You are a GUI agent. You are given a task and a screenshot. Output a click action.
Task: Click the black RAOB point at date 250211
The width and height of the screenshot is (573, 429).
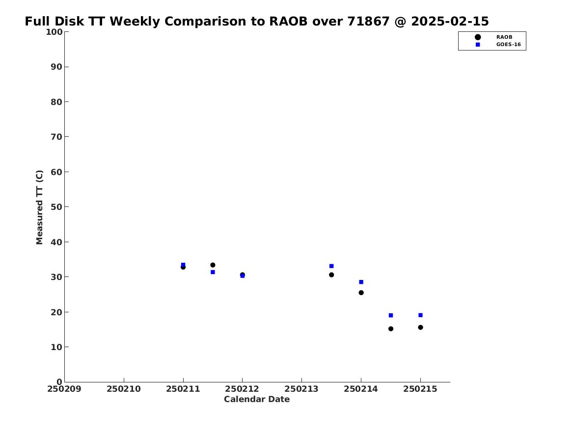point(183,267)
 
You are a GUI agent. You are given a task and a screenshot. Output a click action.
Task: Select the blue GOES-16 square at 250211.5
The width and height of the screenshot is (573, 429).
point(213,272)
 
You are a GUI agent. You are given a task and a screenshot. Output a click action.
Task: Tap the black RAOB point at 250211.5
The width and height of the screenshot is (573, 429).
point(213,265)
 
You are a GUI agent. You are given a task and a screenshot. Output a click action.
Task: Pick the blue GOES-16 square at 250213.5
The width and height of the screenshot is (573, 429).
point(331,266)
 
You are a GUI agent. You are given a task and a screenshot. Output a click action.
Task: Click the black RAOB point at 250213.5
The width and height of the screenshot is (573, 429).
point(331,275)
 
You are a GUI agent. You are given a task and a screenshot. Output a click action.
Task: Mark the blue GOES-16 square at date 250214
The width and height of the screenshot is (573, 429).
point(361,282)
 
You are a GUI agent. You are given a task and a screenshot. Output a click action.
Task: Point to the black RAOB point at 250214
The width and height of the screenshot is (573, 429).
point(361,293)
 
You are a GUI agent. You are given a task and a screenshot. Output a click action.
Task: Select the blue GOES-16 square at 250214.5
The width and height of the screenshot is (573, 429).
point(391,315)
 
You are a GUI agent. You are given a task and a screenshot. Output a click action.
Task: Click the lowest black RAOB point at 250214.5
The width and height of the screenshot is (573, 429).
point(391,328)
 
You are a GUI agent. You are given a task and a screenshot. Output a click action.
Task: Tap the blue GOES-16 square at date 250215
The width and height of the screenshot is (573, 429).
point(421,315)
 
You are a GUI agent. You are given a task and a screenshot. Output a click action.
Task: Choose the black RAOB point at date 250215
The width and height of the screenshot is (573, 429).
point(421,327)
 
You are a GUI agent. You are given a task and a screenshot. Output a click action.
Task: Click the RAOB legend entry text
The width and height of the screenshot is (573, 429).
point(504,37)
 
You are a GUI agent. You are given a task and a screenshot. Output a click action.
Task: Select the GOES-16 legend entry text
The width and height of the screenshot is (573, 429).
point(508,45)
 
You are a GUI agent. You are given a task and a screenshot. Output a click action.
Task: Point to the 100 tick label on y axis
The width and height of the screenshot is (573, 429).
point(54,32)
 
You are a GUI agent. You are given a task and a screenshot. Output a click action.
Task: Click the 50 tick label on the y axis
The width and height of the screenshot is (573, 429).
point(56,207)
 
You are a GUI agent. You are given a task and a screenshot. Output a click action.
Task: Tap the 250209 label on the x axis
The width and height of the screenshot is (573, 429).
point(64,389)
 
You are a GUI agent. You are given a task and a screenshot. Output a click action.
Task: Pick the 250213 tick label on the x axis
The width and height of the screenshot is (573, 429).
point(302,389)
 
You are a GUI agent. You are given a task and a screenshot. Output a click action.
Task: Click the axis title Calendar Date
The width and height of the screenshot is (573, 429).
point(257,400)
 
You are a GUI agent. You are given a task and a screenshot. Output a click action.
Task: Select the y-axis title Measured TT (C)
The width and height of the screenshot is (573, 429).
point(39,207)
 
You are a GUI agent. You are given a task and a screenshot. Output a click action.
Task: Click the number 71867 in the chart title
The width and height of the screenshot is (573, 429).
point(368,21)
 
